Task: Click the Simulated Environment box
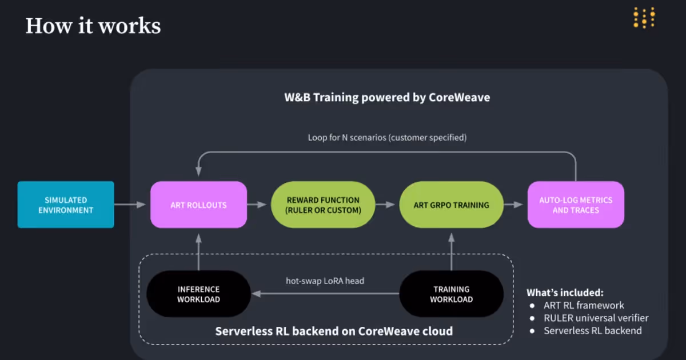tap(66, 205)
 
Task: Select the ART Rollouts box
tap(199, 205)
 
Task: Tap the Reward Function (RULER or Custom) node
tap(323, 205)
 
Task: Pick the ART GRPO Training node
tap(452, 205)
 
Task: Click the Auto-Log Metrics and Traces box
tap(576, 205)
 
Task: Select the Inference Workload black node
tap(199, 294)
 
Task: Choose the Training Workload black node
tap(452, 294)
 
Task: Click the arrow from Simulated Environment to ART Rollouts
tap(130, 205)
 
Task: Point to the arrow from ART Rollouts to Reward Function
tap(257, 205)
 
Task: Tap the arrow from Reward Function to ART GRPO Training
tap(385, 205)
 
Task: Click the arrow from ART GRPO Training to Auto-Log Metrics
tap(513, 205)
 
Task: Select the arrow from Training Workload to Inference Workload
tap(325, 294)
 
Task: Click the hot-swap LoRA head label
tap(325, 281)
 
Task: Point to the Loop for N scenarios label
tap(387, 138)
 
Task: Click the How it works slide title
tap(93, 26)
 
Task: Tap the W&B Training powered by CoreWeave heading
tap(387, 97)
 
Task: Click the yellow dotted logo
tap(644, 18)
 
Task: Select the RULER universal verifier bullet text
tap(596, 318)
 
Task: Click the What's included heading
tap(565, 293)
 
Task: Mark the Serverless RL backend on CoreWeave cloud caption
tap(334, 331)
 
